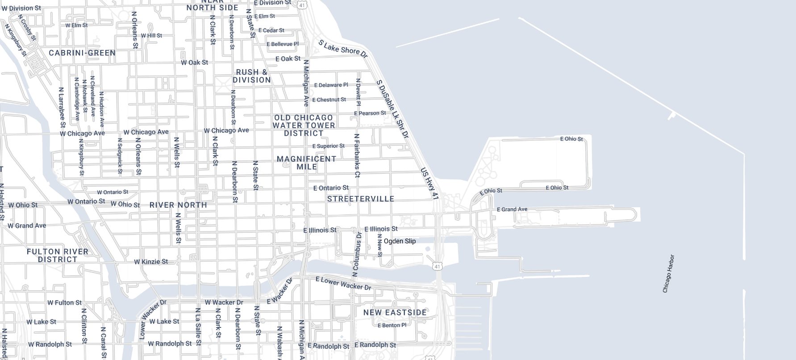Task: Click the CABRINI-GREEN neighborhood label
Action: [x=82, y=53]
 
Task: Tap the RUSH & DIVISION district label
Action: [x=252, y=76]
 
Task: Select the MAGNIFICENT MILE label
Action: [x=307, y=163]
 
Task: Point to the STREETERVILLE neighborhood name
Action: [x=361, y=199]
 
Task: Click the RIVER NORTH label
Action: [x=178, y=205]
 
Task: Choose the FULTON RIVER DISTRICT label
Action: [x=58, y=255]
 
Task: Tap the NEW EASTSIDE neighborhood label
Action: [x=395, y=312]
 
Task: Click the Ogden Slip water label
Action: [x=400, y=241]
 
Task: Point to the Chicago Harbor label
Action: [x=668, y=274]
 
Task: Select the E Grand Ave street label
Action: [x=512, y=209]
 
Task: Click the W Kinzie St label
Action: [x=151, y=261]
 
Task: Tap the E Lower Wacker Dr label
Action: [x=343, y=283]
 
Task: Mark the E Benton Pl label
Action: [x=392, y=325]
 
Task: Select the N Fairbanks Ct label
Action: [x=357, y=155]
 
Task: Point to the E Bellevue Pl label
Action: [x=283, y=44]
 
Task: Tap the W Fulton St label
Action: [x=65, y=302]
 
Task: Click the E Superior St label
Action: [x=328, y=146]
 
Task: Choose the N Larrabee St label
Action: [x=62, y=107]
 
